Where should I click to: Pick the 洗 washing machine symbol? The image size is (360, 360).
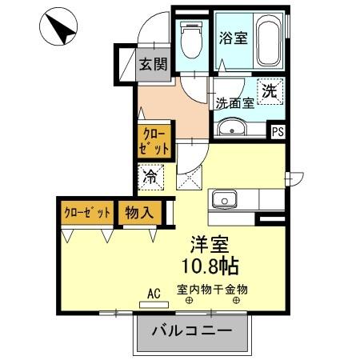[270, 91]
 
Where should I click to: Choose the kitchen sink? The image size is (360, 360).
[223, 198]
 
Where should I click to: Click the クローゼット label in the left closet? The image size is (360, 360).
[86, 214]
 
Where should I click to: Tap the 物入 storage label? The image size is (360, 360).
[138, 214]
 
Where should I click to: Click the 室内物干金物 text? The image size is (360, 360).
[212, 290]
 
